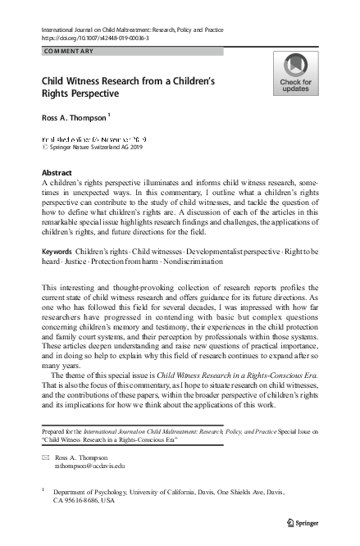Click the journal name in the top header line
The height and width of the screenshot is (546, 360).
[131, 27]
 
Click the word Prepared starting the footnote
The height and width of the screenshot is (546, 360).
[54, 430]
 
